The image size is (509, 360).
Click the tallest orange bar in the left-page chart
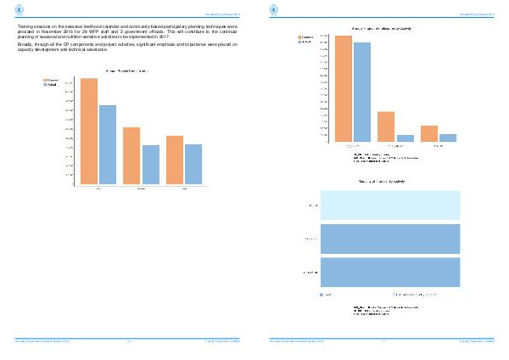click(89, 131)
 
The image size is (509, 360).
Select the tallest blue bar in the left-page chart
click(107, 144)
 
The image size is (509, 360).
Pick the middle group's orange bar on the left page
click(131, 155)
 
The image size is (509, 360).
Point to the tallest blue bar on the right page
click(362, 92)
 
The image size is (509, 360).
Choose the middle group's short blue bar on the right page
click(406, 138)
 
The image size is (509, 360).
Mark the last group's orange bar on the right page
click(429, 133)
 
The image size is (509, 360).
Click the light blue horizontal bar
click(390, 205)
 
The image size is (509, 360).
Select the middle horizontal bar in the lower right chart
click(390, 239)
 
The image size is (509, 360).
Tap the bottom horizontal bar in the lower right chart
click(390, 271)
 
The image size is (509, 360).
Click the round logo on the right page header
click(273, 10)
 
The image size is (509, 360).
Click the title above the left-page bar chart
click(127, 70)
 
